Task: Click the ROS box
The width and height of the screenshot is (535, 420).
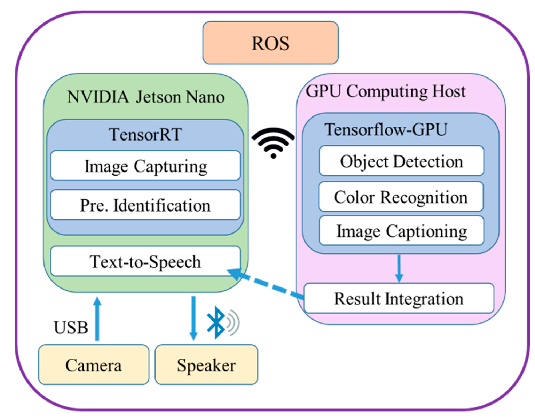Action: [x=270, y=43]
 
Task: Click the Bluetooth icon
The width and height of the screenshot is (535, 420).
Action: [x=216, y=322]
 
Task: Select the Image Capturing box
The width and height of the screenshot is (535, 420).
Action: [x=145, y=166]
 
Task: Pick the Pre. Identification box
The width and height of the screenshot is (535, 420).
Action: [x=145, y=205]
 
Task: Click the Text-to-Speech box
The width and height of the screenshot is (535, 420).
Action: [x=145, y=261]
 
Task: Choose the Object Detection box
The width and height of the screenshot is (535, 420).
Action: [x=401, y=161]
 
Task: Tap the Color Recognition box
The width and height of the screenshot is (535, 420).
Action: [x=401, y=197]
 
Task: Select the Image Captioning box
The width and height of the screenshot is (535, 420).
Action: [x=401, y=231]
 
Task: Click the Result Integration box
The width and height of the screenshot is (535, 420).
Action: [x=399, y=298]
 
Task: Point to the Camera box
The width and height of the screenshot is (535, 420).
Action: [x=93, y=365]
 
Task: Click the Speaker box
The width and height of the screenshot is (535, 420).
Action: [x=206, y=365]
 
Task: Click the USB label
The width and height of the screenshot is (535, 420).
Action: [x=71, y=327]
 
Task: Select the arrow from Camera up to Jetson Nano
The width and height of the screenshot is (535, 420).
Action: [x=97, y=319]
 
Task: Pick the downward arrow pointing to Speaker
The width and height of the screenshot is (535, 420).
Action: [x=193, y=318]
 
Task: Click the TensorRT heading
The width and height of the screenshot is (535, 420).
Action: [x=145, y=134]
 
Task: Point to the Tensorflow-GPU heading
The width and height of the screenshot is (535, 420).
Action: [x=386, y=130]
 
